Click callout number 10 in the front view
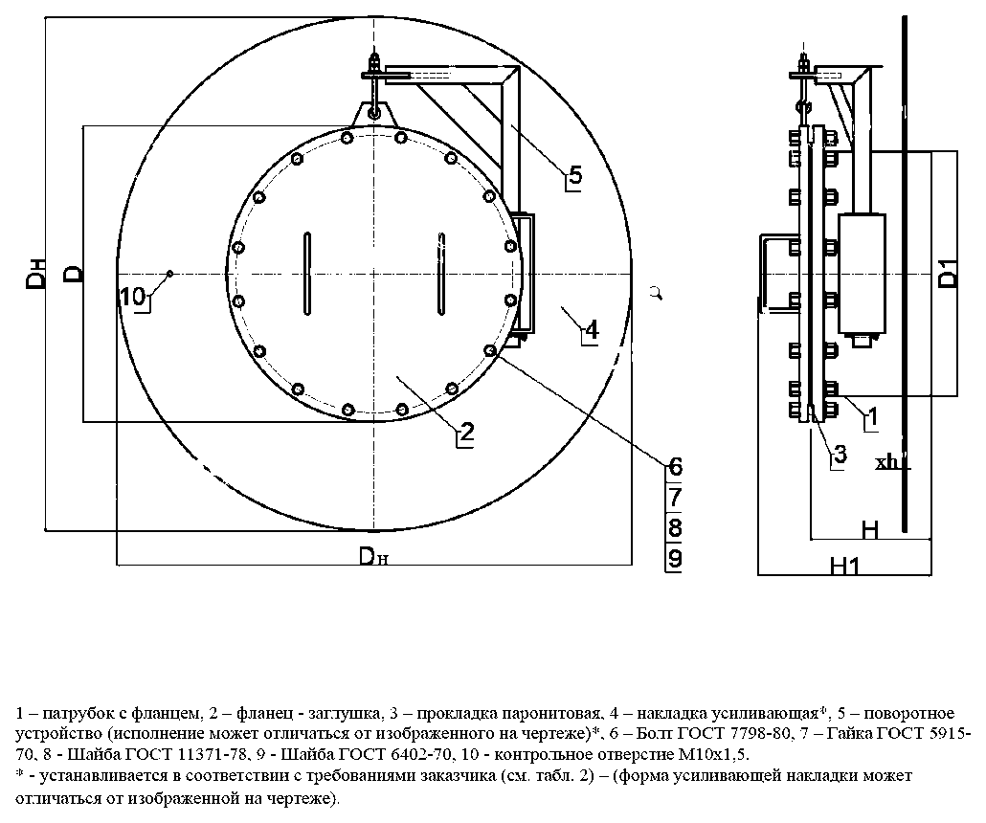(x=133, y=296)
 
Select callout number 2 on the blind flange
(x=466, y=432)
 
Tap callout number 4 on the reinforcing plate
(x=592, y=329)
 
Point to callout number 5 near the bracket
(x=574, y=174)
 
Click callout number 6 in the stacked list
(x=675, y=466)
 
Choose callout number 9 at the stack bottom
(x=675, y=558)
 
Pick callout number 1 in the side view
(x=872, y=415)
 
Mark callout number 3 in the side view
(x=840, y=454)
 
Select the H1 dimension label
(x=844, y=566)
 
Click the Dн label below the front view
(x=373, y=556)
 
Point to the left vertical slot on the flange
(x=307, y=274)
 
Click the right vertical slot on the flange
(x=442, y=274)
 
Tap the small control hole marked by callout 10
(x=169, y=273)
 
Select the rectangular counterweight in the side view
(x=862, y=274)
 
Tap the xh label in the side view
(x=887, y=463)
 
